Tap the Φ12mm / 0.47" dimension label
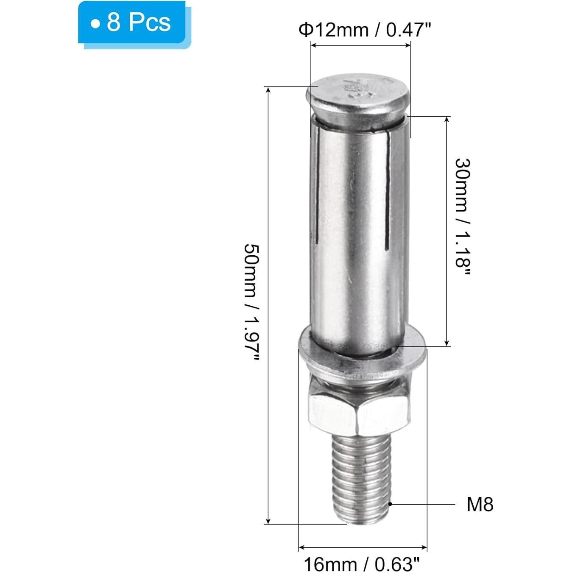coord(365,30)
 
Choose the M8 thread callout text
coord(480,505)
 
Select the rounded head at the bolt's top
coord(358,98)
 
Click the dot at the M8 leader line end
coord(390,504)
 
